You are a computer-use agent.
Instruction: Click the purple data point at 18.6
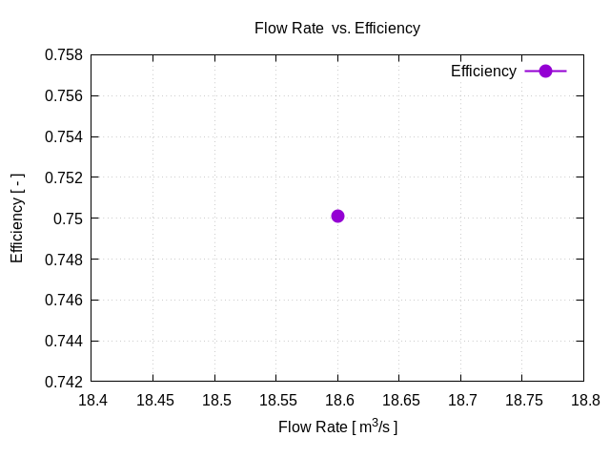click(337, 216)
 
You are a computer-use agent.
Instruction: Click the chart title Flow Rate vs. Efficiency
click(336, 28)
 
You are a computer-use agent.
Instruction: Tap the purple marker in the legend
click(545, 72)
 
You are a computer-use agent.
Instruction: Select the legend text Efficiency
click(483, 72)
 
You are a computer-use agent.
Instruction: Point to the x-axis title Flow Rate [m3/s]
click(337, 427)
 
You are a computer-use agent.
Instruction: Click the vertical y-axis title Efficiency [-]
click(17, 219)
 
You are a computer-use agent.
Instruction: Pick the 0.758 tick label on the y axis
click(64, 55)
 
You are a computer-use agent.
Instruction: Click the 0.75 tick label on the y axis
click(70, 219)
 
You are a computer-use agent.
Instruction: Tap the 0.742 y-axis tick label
click(64, 382)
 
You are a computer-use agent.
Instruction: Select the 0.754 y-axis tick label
click(64, 137)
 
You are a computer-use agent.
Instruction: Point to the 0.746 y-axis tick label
click(64, 301)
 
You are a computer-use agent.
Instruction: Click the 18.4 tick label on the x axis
click(92, 401)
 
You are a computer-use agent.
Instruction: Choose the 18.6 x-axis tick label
click(337, 401)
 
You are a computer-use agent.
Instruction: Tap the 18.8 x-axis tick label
click(582, 401)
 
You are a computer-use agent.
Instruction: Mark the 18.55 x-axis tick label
click(276, 401)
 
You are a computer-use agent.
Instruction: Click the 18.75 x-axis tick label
click(521, 401)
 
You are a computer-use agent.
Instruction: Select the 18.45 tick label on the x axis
click(153, 401)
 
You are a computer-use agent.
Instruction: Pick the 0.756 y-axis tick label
click(64, 96)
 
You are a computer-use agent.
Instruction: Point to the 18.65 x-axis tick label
click(398, 401)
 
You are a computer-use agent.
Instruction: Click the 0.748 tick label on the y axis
click(64, 260)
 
